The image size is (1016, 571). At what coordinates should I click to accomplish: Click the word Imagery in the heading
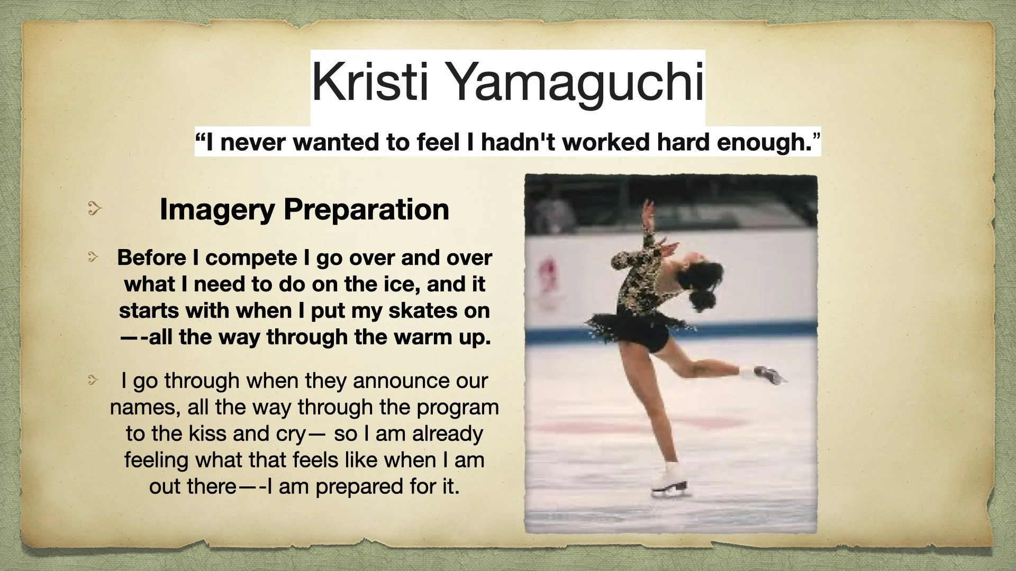217,209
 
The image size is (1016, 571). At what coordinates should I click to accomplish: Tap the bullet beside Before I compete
94,257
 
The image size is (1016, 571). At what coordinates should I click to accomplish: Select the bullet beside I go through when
94,380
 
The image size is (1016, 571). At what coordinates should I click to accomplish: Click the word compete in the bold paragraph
251,259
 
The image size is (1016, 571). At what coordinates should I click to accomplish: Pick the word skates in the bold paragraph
422,311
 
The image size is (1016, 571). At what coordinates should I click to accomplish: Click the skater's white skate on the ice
670,482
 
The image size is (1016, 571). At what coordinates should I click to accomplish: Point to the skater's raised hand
646,211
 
